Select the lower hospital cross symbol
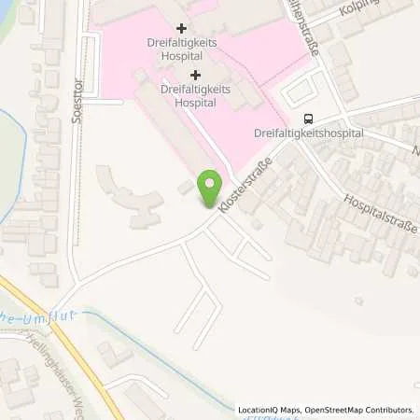pos(195,75)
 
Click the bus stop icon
pos(307,119)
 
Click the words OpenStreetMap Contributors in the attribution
pos(356,409)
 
